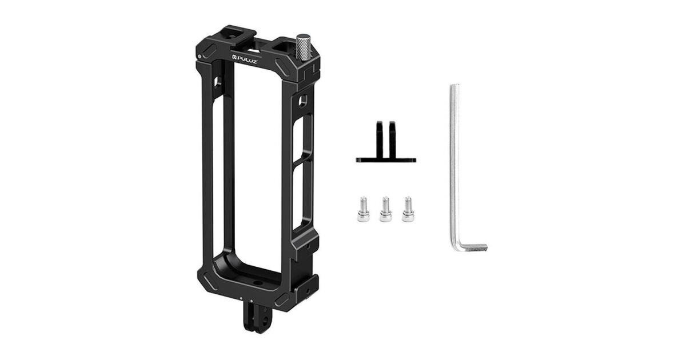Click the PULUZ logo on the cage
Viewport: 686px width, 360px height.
click(245, 58)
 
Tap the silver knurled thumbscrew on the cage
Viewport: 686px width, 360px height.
click(303, 47)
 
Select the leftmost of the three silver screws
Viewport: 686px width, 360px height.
click(363, 209)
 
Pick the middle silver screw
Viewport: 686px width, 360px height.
click(385, 209)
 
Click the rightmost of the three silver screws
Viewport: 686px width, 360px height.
click(408, 209)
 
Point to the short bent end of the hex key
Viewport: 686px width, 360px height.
click(472, 247)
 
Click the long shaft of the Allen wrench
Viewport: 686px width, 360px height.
click(455, 165)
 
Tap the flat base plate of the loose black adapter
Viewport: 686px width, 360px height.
click(386, 160)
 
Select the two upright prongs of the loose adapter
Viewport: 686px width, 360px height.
click(385, 139)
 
